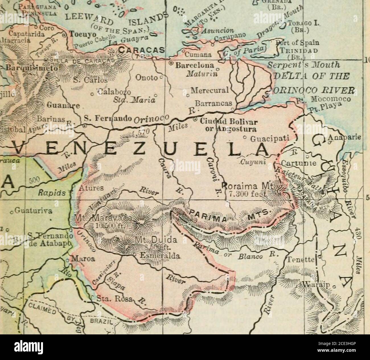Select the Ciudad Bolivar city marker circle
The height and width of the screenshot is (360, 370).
point(195,119)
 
